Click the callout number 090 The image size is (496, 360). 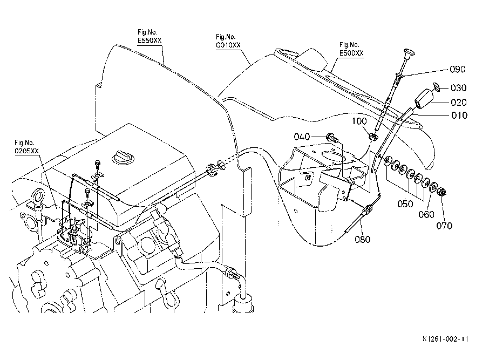tap(457, 69)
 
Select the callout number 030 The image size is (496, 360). tap(458, 87)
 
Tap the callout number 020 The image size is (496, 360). tap(459, 102)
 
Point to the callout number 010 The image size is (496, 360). tap(459, 115)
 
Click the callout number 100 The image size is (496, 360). tap(359, 121)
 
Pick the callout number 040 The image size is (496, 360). tap(302, 137)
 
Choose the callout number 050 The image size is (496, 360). tap(405, 203)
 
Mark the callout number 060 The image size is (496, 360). tap(426, 214)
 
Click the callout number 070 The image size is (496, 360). tap(444, 226)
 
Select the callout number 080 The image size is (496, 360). tap(363, 239)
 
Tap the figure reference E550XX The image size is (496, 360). tap(150, 40)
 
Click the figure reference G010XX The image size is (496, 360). tap(228, 45)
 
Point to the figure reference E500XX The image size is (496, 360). tap(351, 53)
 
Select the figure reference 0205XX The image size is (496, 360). tap(26, 151)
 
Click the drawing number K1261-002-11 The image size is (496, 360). tap(445, 339)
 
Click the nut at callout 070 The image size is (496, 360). tap(442, 192)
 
